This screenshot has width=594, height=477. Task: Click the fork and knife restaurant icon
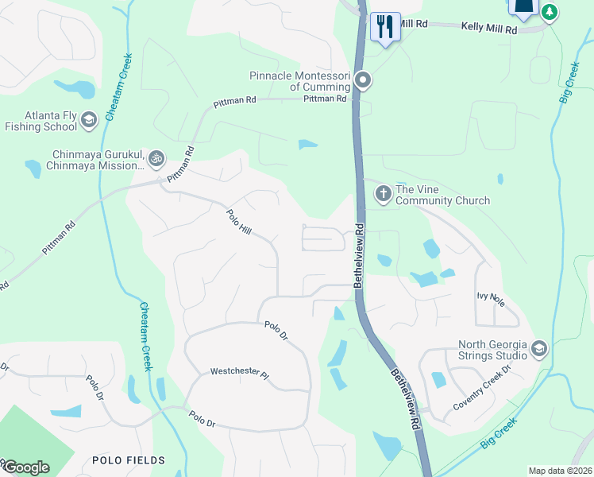[x=385, y=26]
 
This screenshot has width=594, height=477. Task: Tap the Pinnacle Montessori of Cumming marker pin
[x=364, y=79]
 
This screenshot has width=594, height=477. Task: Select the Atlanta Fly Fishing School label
[x=40, y=120]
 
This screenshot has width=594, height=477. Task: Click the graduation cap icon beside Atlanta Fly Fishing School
[x=89, y=120]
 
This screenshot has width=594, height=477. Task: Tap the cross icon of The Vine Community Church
[x=383, y=193]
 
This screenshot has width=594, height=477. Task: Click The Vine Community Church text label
[x=442, y=195]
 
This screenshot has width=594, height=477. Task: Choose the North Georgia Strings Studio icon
[x=539, y=348]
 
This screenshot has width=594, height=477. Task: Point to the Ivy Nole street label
[x=491, y=299]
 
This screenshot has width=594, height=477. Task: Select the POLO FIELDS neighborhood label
[x=129, y=460]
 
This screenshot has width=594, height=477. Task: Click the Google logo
[x=25, y=467]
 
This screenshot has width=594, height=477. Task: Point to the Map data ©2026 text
[x=560, y=471]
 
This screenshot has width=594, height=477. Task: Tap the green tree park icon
[x=549, y=12]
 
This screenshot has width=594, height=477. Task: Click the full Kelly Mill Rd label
[x=489, y=28]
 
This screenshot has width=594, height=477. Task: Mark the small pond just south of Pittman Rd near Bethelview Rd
[x=308, y=145]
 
